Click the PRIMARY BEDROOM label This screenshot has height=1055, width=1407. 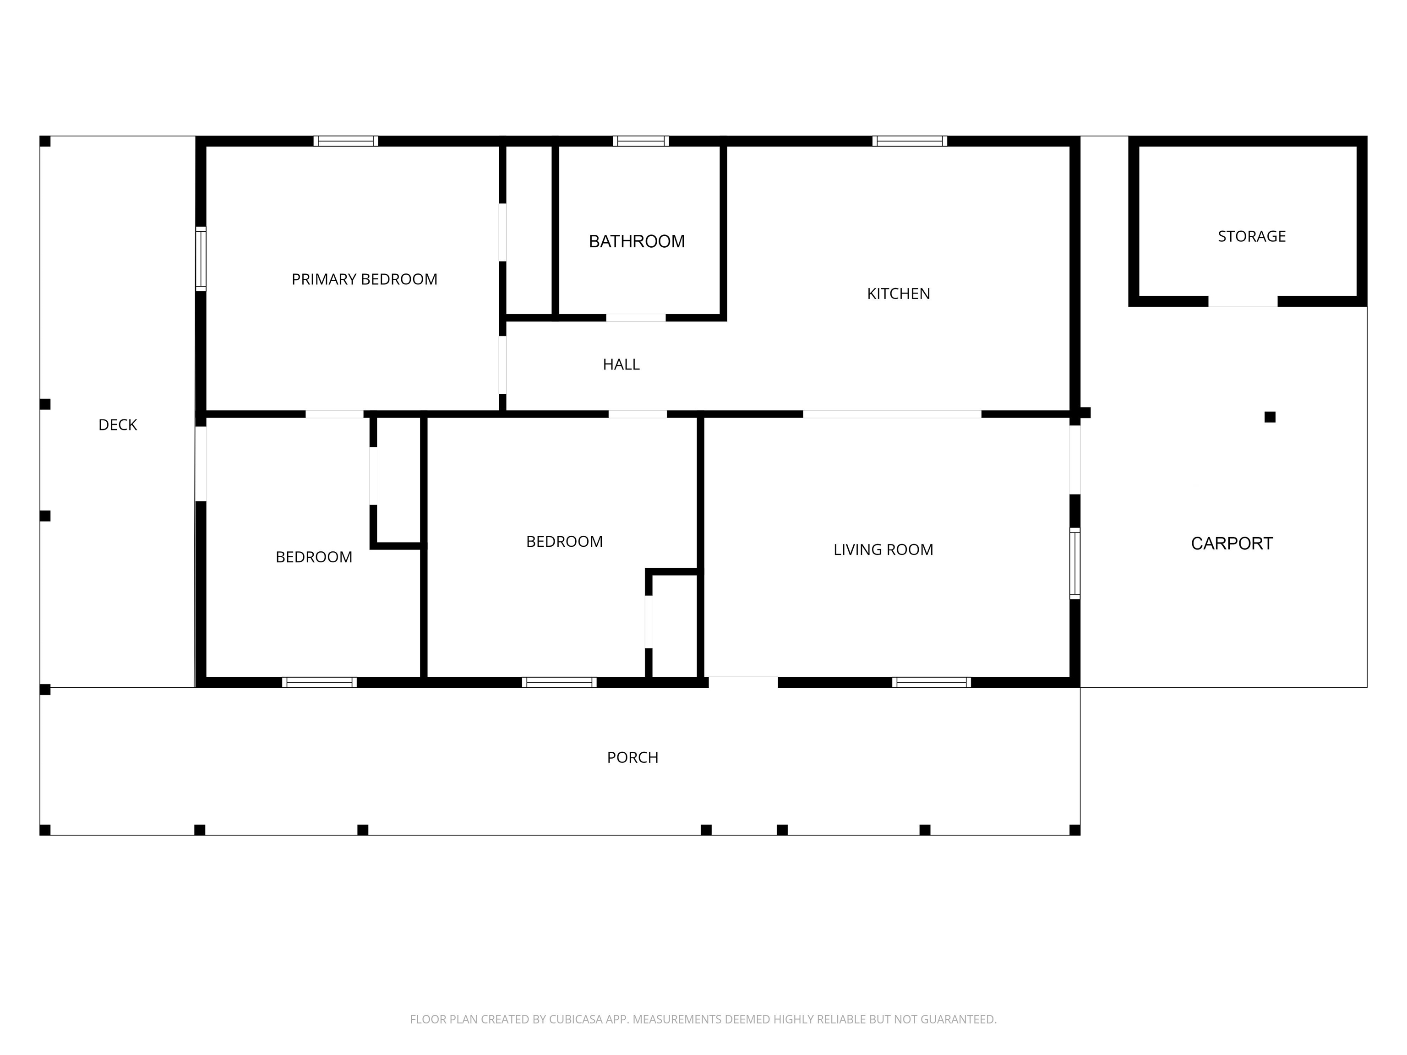coord(365,279)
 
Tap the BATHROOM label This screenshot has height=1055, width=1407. coord(637,242)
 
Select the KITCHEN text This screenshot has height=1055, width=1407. coord(898,294)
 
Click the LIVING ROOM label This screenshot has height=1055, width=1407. coord(883,549)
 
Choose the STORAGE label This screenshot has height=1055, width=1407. coord(1252,237)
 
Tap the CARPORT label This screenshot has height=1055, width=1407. coord(1232,544)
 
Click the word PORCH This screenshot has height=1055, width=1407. coord(632,757)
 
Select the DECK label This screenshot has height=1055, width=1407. coord(118,425)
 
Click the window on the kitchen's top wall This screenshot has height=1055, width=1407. coord(910,141)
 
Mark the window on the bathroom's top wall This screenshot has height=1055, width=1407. coord(641,141)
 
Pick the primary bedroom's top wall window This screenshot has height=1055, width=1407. coord(345,141)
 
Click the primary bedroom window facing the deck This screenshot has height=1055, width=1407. coord(200,259)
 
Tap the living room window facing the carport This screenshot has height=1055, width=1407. coord(1075,563)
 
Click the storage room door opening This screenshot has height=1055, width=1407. coord(1243,301)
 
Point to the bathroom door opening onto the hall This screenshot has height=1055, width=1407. coord(635,317)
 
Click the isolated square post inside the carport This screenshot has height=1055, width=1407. coord(1270,417)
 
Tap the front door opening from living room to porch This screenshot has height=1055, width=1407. coord(743,682)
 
